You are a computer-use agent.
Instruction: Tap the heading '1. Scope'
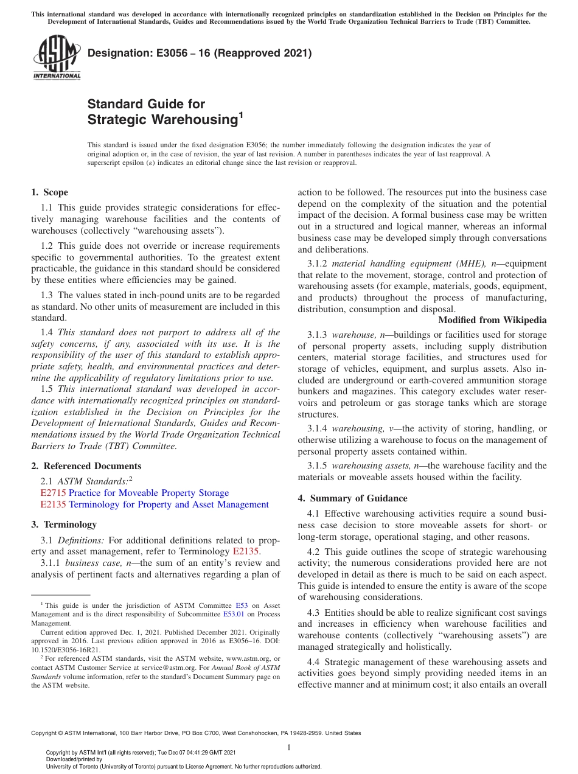pos(49,192)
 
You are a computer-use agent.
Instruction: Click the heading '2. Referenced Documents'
pos(86,466)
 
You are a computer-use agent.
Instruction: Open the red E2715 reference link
pos(53,493)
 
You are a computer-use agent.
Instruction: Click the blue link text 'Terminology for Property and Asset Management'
pos(169,504)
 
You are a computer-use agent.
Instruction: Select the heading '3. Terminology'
pos(63,525)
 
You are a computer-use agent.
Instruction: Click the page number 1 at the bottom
pos(289,747)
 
